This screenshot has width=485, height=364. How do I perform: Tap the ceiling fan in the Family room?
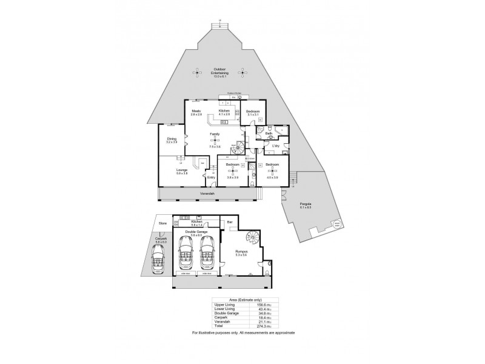click(x=213, y=142)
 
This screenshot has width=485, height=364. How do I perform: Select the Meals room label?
click(x=196, y=112)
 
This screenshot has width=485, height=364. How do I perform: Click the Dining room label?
click(x=172, y=140)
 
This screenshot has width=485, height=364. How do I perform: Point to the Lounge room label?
click(x=182, y=170)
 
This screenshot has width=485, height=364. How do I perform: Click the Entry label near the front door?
click(x=211, y=178)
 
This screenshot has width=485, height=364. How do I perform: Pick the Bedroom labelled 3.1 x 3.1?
click(x=253, y=113)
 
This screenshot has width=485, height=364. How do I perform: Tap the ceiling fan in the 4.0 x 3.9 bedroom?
click(x=271, y=173)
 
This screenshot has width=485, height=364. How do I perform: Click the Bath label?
click(x=269, y=133)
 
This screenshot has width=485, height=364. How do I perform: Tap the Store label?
click(x=162, y=223)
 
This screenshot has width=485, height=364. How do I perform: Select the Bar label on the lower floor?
click(x=230, y=223)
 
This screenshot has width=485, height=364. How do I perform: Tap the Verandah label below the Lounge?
click(x=207, y=194)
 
